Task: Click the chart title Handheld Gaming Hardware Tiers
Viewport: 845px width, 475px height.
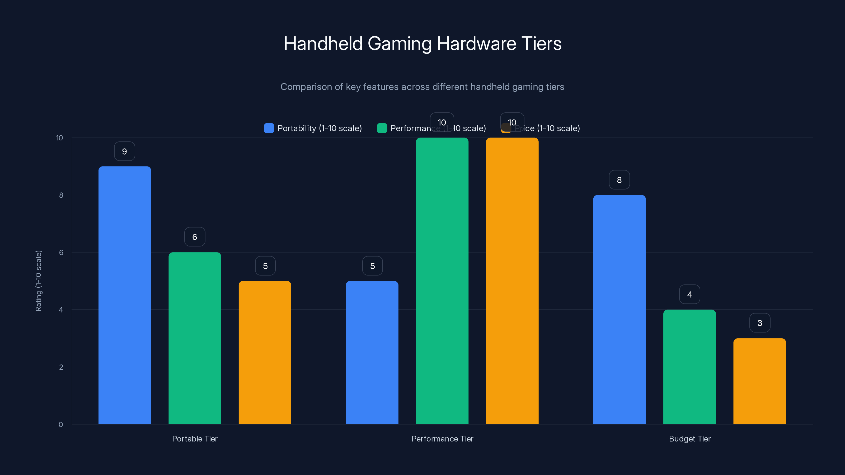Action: click(x=422, y=44)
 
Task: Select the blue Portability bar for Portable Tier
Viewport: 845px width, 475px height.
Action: click(x=125, y=295)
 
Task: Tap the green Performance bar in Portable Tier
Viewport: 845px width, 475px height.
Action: click(x=195, y=338)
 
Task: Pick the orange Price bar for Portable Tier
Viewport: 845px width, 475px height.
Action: click(x=265, y=352)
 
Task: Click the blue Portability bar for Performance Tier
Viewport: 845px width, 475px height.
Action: click(x=372, y=352)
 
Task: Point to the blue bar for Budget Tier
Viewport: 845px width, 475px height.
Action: click(x=619, y=310)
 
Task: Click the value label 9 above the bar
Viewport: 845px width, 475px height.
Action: click(x=125, y=151)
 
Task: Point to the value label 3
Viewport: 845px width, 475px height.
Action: click(x=760, y=323)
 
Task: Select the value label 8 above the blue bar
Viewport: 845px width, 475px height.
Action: click(x=619, y=180)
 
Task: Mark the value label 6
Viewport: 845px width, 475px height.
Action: click(x=195, y=237)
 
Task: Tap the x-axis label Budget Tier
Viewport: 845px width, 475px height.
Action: click(x=689, y=439)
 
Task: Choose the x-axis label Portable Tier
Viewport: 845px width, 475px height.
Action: click(x=195, y=439)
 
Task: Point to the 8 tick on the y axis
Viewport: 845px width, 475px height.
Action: click(x=61, y=195)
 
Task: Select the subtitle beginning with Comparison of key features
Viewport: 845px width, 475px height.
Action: click(x=422, y=87)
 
